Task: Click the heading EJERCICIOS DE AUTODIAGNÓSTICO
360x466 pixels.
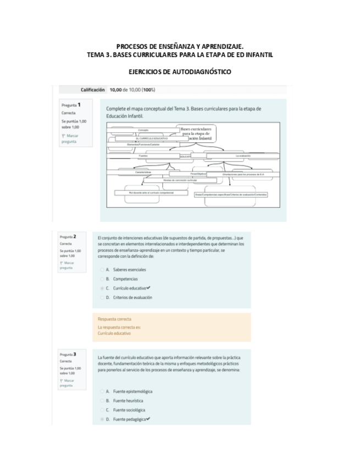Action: [180, 71]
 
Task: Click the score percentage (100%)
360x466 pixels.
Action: [148, 90]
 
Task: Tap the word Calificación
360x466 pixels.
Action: [93, 90]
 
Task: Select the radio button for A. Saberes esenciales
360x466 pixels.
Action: [102, 270]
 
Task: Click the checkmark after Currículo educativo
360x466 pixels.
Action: [148, 288]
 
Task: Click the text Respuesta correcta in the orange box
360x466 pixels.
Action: [114, 319]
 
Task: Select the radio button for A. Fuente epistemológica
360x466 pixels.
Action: [102, 391]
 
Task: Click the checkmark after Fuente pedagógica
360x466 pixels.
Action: [148, 419]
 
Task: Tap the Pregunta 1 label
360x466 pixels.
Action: [71, 104]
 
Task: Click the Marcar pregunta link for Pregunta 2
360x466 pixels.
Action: [67, 265]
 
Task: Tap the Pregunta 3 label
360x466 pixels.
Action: [72, 354]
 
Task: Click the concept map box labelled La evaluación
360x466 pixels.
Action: [242, 156]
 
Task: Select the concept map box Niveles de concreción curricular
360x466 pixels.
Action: [180, 180]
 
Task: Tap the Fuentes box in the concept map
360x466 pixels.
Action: [143, 156]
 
